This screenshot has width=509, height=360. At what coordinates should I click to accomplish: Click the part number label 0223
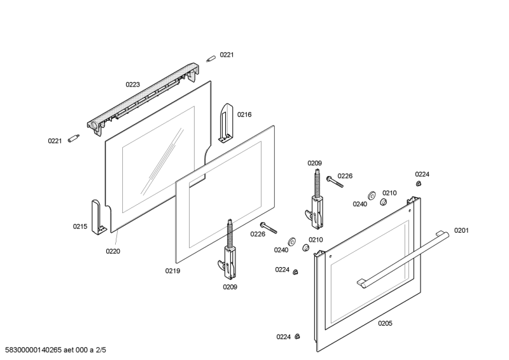(x=132, y=84)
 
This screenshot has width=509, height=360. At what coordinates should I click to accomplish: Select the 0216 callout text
(x=244, y=114)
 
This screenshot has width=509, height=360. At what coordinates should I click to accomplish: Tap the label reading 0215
(x=80, y=226)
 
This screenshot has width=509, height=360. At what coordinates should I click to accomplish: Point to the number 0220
(x=113, y=251)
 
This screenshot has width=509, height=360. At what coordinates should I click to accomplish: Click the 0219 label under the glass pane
(x=172, y=270)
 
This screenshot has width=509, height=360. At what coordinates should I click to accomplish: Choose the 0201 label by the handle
(x=461, y=230)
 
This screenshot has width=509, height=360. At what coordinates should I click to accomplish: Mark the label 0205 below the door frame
(x=385, y=323)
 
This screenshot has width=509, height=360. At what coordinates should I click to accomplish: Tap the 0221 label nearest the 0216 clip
(x=227, y=55)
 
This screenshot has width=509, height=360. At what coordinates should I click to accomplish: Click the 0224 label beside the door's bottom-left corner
(x=284, y=336)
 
